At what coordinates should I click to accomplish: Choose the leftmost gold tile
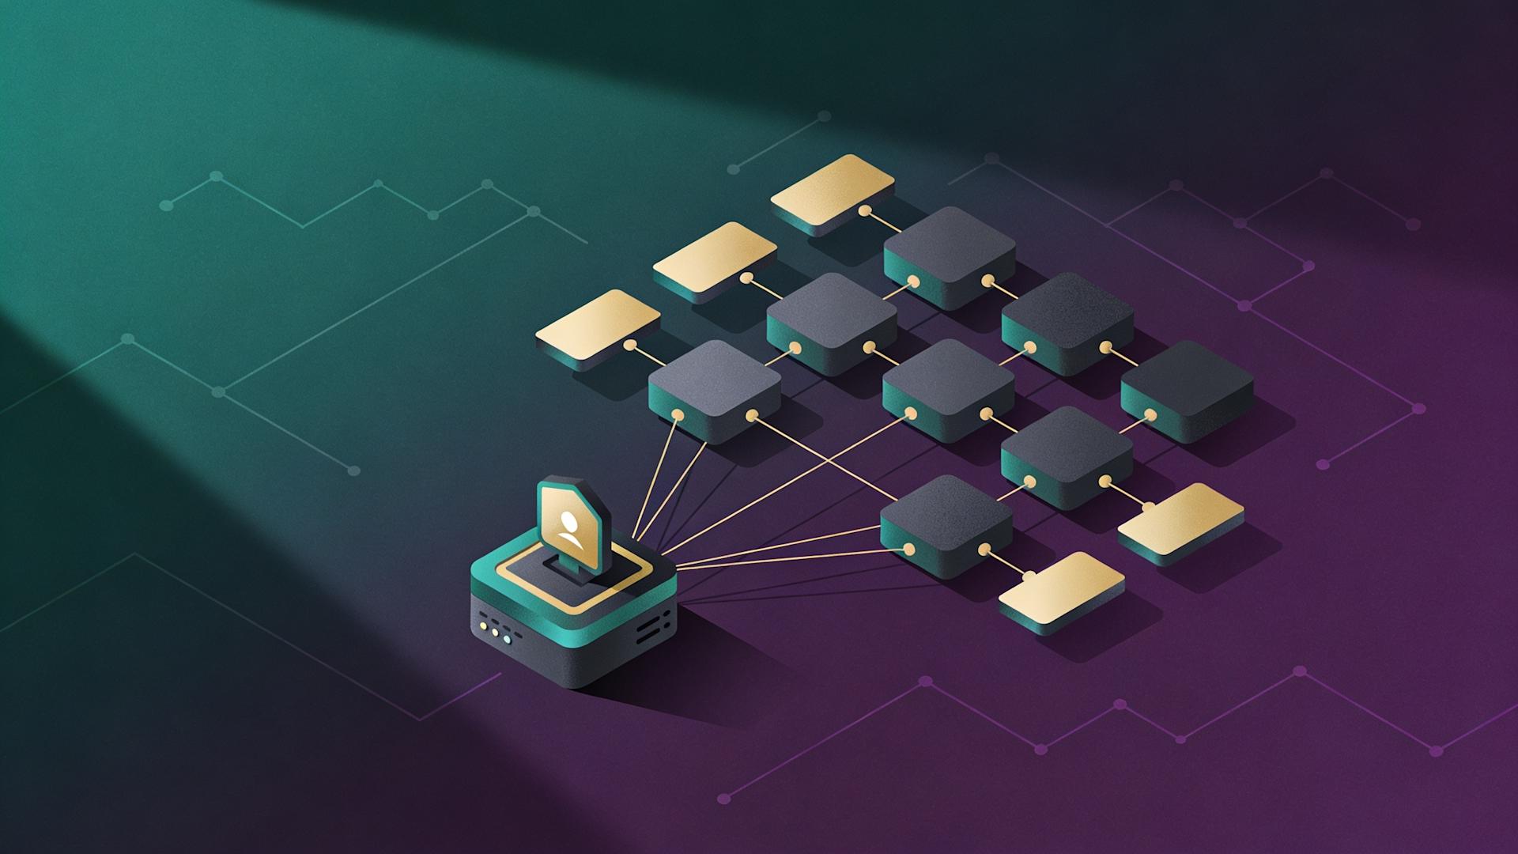pos(598,325)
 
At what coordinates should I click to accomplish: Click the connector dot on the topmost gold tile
pos(866,211)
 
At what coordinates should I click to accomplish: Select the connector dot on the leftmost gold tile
pos(630,346)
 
